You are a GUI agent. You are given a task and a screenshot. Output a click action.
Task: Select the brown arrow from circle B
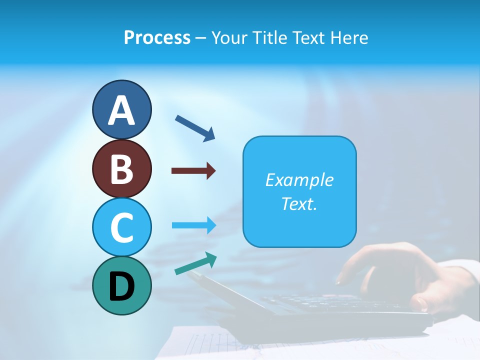pos(193,171)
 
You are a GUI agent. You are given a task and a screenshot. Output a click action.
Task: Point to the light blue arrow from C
pos(194,225)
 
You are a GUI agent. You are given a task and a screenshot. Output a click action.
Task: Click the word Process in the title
pos(157,38)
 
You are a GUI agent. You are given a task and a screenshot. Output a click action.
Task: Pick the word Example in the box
pos(299,180)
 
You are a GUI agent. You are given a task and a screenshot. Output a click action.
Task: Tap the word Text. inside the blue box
pos(299,203)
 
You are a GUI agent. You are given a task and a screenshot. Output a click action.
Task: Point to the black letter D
pos(121,286)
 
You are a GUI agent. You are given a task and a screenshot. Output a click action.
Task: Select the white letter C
pos(121,227)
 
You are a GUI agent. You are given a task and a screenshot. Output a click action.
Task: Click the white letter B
pos(121,169)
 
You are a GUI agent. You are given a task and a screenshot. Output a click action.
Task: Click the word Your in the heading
pos(230,38)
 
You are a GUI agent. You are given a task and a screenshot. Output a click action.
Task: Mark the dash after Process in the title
pos(201,38)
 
